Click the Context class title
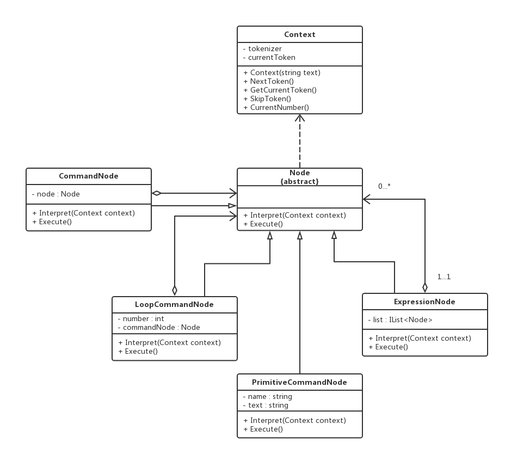[x=299, y=35]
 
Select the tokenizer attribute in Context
[x=265, y=48]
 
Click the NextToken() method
[x=272, y=81]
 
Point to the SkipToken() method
[x=270, y=99]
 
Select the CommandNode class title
[x=88, y=176]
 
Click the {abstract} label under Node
[x=299, y=181]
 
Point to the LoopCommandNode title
[x=174, y=304]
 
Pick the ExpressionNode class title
[x=424, y=302]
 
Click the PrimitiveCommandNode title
[x=299, y=382]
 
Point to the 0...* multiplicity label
[x=384, y=187]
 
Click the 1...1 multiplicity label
[x=444, y=277]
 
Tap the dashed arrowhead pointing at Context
[x=300, y=118]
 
